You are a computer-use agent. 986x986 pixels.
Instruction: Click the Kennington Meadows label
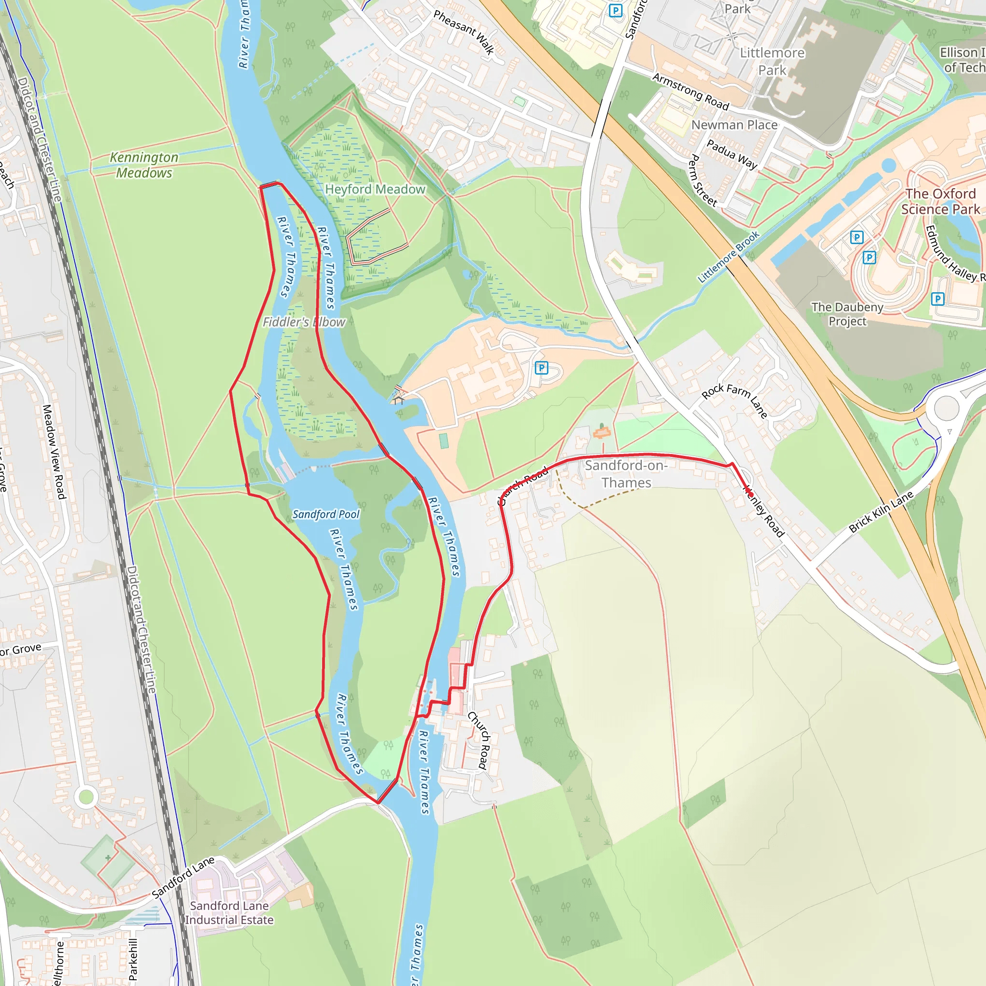[144, 165]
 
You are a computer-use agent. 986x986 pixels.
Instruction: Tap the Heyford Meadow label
[375, 189]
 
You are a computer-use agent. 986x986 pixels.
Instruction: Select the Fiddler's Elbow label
[304, 322]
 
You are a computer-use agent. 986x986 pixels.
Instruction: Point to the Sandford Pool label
[325, 515]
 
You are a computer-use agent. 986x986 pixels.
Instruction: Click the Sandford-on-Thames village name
[626, 474]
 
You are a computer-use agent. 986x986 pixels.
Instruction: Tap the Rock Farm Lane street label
[734, 401]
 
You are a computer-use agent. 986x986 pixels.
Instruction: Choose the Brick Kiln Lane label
[881, 512]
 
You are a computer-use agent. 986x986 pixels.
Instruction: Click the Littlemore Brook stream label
[728, 257]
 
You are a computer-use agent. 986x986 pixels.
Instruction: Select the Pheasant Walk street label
[464, 32]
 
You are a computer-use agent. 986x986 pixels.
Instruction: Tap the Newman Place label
[734, 125]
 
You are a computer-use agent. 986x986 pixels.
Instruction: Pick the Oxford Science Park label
[940, 202]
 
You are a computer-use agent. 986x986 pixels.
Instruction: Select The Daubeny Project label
[847, 314]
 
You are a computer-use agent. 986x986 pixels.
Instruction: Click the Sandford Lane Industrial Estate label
[229, 912]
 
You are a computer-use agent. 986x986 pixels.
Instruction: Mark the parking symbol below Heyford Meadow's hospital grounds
[542, 367]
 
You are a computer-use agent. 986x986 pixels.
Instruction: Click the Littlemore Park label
[772, 61]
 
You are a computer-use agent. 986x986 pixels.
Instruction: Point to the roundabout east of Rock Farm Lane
[947, 408]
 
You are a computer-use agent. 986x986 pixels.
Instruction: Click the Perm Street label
[703, 180]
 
